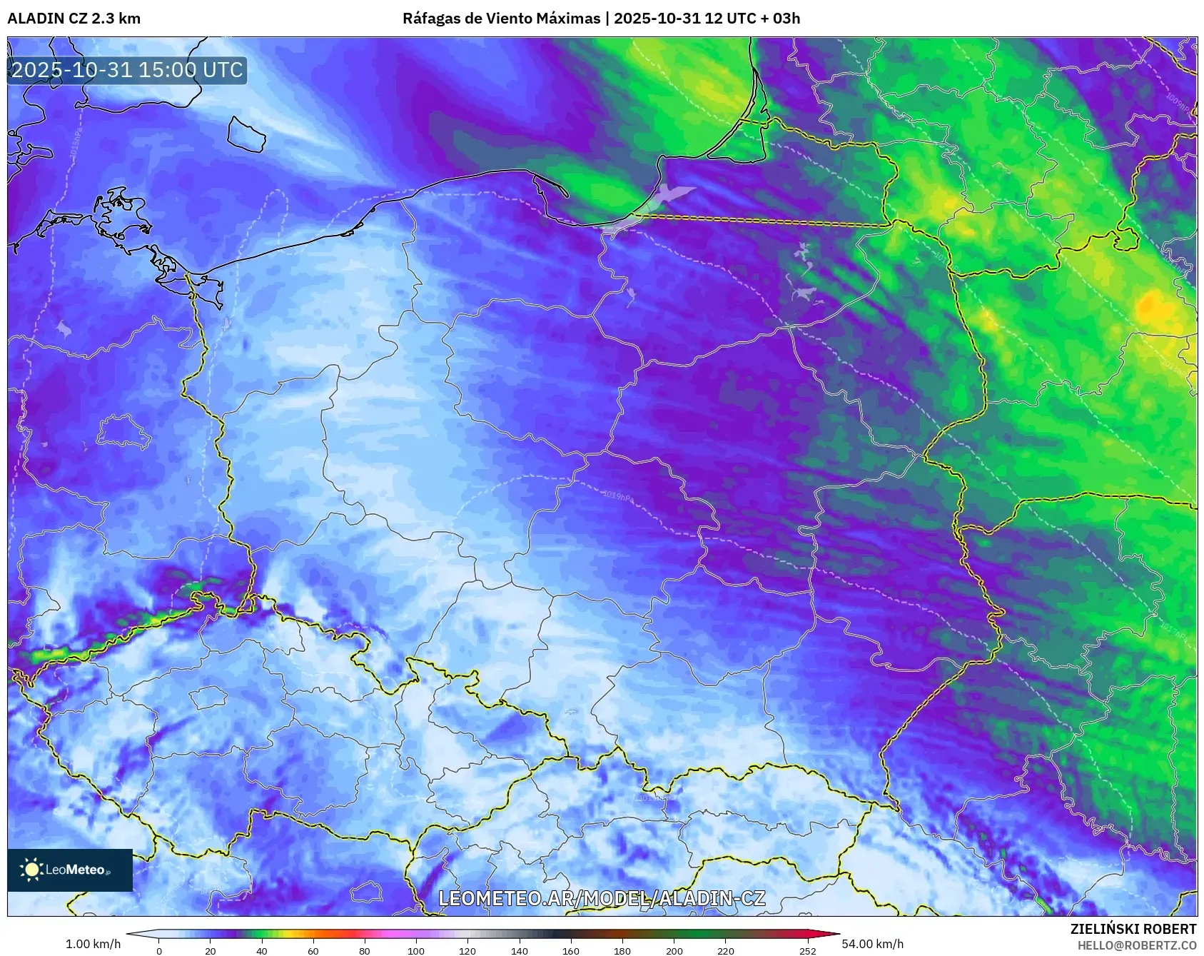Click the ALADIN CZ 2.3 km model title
point(74,19)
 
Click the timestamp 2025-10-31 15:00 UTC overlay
point(127,70)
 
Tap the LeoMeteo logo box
point(70,870)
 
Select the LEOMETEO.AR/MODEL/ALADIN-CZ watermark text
point(602,898)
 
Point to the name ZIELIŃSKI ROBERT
point(1133,929)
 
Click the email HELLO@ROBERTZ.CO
point(1136,945)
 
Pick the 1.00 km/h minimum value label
point(93,944)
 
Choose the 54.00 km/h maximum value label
point(872,944)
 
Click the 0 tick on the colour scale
point(158,950)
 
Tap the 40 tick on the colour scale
point(262,950)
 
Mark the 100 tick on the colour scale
point(416,950)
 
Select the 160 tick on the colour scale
point(571,950)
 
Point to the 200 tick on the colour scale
point(674,950)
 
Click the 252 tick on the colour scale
point(808,950)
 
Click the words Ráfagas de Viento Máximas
point(501,19)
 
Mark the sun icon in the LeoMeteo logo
point(31,870)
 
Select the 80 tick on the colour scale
point(365,950)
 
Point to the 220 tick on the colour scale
point(725,950)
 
